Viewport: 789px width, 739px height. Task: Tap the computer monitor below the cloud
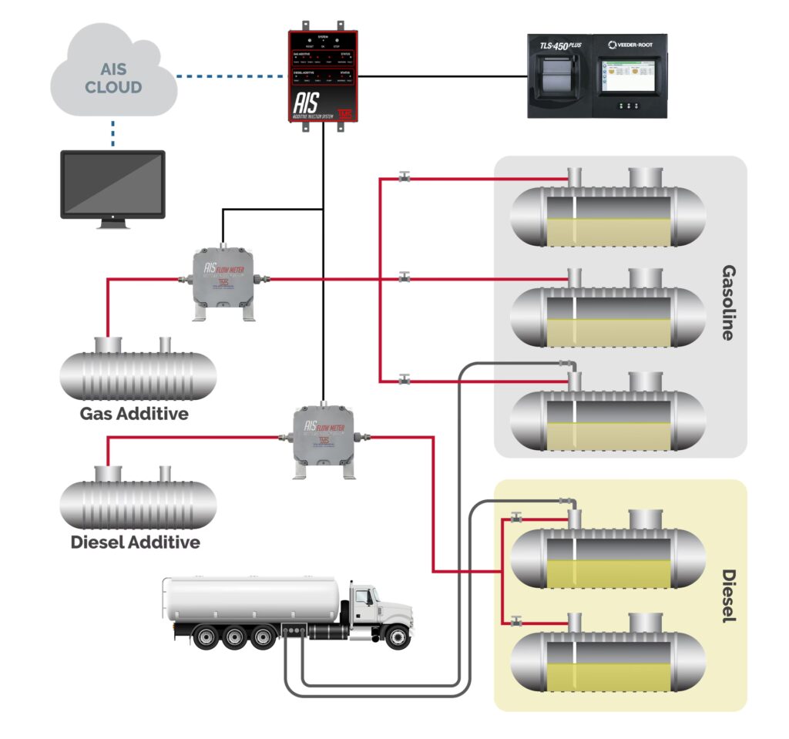[112, 185]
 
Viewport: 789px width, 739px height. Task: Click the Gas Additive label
[134, 414]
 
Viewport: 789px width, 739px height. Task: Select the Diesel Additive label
[135, 542]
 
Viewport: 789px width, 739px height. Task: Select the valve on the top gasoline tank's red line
[404, 179]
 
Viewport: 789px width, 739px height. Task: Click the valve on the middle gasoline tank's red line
[404, 277]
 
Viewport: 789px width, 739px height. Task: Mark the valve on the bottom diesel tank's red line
[515, 620]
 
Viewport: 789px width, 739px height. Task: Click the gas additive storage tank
[138, 373]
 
